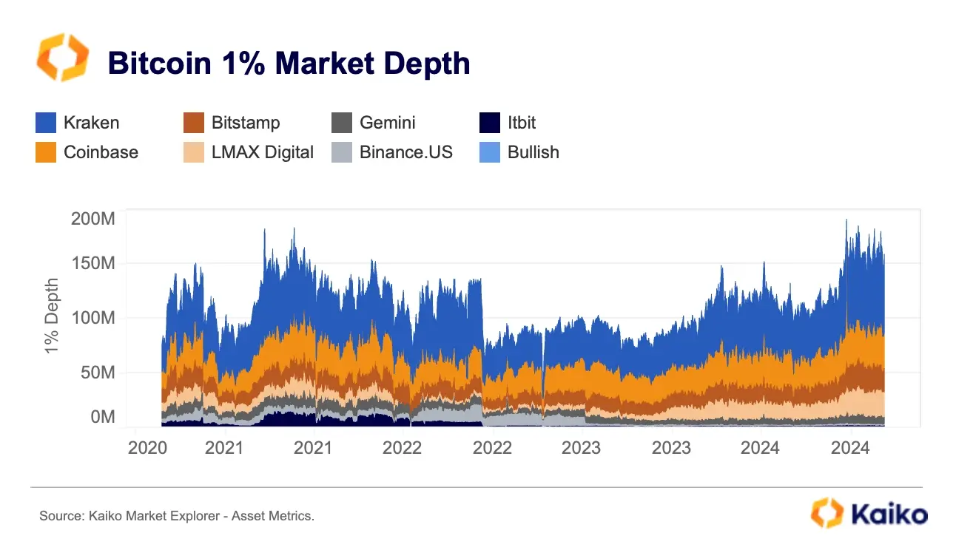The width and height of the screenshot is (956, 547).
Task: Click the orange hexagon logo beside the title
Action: coord(63,57)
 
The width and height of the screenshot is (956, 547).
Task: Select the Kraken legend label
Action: coord(91,123)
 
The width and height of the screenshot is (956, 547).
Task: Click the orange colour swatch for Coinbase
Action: coord(46,152)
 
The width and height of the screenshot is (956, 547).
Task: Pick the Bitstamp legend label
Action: coord(246,123)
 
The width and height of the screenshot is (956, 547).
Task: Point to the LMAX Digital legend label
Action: coord(263,152)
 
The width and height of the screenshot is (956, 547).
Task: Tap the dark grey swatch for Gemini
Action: coord(342,123)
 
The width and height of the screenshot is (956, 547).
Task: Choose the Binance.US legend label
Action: coord(406,152)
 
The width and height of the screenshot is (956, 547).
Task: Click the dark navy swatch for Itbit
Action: coord(490,123)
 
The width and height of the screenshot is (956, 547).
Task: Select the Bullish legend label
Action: coord(533,152)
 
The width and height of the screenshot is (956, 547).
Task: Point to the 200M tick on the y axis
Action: coord(92,219)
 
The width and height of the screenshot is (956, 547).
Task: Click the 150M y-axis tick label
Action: coord(92,262)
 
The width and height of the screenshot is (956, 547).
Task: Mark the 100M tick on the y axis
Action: coord(92,318)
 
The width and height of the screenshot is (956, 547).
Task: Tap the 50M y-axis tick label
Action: coord(97,373)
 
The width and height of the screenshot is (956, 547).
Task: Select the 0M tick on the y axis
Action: coord(102,417)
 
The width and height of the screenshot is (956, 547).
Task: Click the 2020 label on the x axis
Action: coord(148,448)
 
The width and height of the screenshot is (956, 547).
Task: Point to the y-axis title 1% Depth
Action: coord(52,316)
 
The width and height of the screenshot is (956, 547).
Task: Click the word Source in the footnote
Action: coord(58,516)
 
